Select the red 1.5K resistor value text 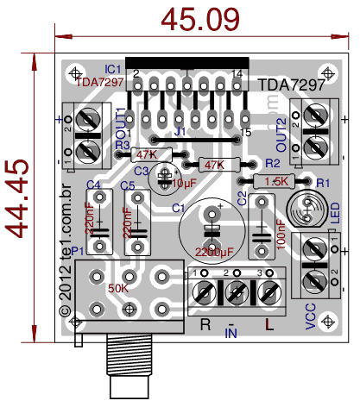[277, 181]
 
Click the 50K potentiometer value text [117, 287]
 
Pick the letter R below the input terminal [205, 324]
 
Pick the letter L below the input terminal [268, 324]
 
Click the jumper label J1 [180, 133]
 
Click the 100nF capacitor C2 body [261, 226]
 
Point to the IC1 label [112, 68]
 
